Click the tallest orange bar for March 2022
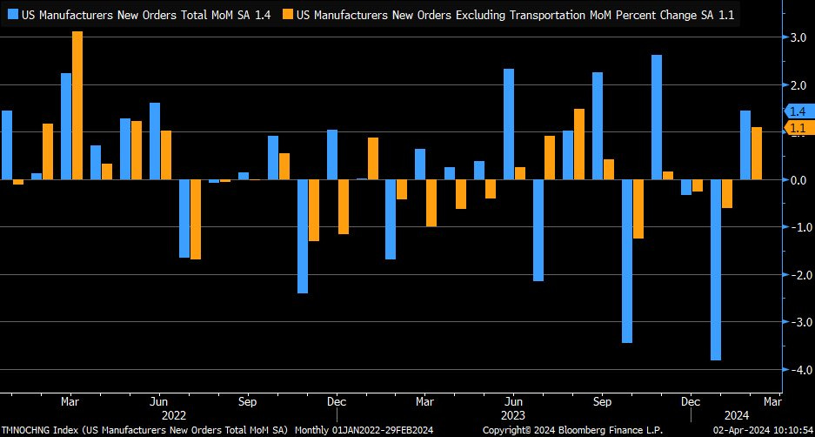[x=77, y=105]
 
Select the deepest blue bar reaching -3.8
[x=716, y=270]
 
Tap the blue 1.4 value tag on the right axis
[x=798, y=111]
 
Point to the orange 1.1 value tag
[x=798, y=128]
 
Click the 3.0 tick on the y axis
[x=796, y=38]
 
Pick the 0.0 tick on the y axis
[x=796, y=180]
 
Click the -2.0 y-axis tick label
[x=796, y=275]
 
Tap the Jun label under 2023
[x=513, y=402]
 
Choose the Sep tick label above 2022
[x=247, y=402]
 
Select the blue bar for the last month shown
[x=745, y=145]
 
